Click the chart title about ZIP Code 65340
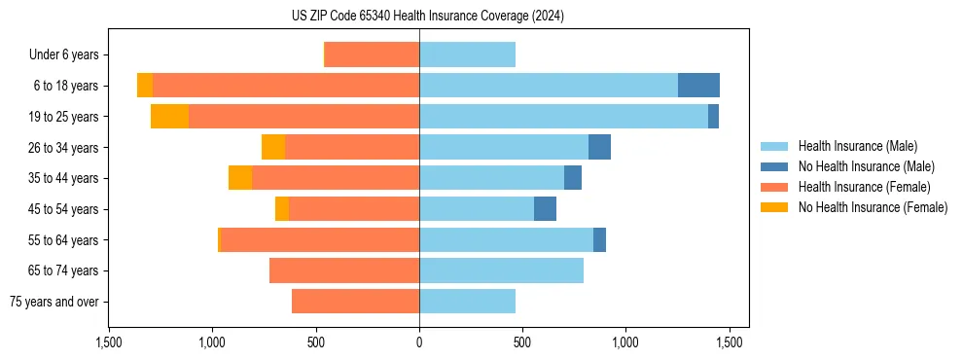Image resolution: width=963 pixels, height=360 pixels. click(428, 16)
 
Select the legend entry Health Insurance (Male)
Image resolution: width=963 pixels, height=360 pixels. click(857, 146)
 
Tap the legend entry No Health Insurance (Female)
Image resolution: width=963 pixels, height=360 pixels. click(872, 207)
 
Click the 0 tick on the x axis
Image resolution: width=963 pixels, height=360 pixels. click(419, 342)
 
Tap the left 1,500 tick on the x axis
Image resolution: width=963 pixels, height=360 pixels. click(109, 342)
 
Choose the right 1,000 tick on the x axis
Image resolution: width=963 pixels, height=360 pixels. click(625, 342)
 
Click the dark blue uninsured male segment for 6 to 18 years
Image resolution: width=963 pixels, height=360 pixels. click(698, 86)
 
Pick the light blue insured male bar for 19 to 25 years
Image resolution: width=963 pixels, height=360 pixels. click(563, 117)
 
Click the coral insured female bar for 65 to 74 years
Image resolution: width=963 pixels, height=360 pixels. click(344, 270)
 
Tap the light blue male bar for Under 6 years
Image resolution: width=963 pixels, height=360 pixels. click(467, 54)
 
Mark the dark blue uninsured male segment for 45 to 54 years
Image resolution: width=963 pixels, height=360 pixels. click(545, 209)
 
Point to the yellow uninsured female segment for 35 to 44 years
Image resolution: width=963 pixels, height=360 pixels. click(240, 178)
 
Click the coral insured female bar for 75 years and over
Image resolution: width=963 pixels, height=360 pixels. click(355, 302)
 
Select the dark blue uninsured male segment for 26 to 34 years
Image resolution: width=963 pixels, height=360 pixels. click(599, 147)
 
